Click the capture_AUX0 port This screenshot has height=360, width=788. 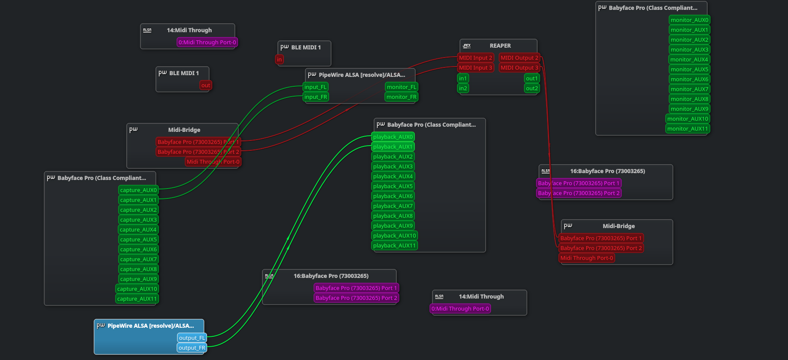tap(138, 190)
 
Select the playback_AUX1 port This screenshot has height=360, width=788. tap(392, 147)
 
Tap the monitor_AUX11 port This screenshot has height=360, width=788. tap(687, 129)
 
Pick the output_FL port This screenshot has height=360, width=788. tap(192, 338)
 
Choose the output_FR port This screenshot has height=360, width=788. tap(192, 348)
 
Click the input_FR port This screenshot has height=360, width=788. tap(316, 97)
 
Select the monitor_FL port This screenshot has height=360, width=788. tap(401, 87)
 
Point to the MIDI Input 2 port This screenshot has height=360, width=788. tap(475, 58)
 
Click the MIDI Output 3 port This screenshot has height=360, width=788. tap(519, 68)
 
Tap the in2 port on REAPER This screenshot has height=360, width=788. tap(462, 88)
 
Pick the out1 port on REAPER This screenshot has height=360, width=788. tap(532, 79)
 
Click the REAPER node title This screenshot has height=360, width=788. tap(500, 46)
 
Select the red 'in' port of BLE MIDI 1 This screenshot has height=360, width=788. tap(280, 60)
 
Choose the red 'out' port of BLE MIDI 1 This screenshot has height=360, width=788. tap(206, 85)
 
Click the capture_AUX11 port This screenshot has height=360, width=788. tap(137, 299)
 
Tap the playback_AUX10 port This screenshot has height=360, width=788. tap(394, 236)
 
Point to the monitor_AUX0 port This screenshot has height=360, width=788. tap(689, 20)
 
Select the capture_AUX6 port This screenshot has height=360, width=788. tap(138, 250)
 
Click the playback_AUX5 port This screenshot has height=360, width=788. tap(392, 186)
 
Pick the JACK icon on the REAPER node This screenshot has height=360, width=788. tap(467, 46)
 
